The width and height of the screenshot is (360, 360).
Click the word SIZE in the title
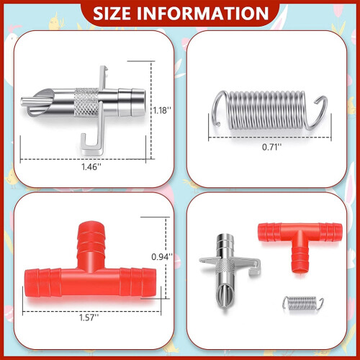pos(112,14)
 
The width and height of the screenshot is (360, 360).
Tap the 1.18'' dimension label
pos(162,110)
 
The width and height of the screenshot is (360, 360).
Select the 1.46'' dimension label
pos(91,166)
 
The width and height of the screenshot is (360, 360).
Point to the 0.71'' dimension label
pos(271,147)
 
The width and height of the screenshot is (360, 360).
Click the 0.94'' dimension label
pos(162,257)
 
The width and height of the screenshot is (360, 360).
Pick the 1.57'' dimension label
pos(89,318)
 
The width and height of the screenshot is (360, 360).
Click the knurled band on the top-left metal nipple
pos(86,102)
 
